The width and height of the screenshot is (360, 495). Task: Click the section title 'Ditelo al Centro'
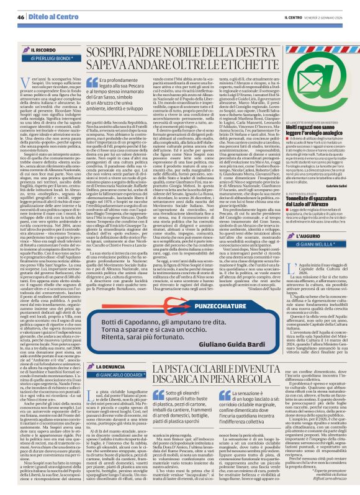(x=45, y=8)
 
